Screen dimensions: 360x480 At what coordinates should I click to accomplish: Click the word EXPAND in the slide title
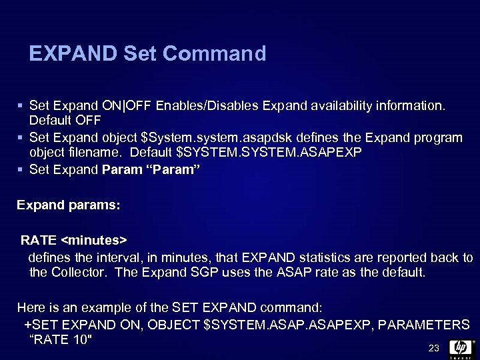click(73, 53)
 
